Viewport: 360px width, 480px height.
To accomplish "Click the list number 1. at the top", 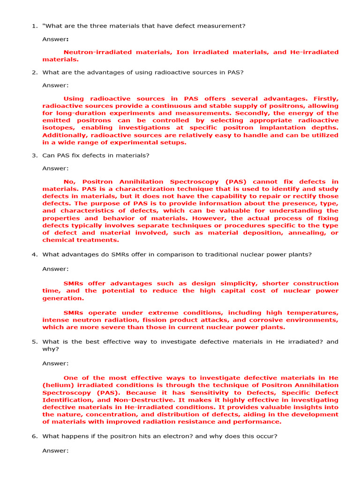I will [35, 26].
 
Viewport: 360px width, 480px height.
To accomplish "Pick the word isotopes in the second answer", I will [59, 127].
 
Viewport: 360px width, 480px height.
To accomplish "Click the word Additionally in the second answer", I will [65, 135].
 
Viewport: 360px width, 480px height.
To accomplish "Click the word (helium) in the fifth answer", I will [58, 385].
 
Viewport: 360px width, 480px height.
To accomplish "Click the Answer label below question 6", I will [55, 451].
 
